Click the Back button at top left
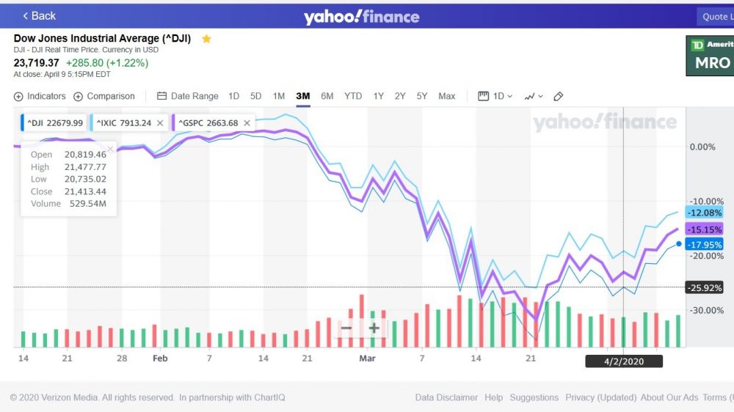click(39, 15)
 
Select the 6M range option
click(327, 96)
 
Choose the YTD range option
click(353, 96)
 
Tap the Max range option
click(446, 96)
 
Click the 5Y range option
click(422, 96)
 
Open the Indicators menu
click(40, 96)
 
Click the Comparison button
click(104, 96)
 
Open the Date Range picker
click(188, 96)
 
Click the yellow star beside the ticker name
click(206, 38)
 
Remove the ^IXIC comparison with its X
click(160, 123)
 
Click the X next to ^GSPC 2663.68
click(247, 123)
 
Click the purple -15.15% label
click(704, 229)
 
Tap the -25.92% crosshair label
click(704, 287)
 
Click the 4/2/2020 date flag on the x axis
click(623, 361)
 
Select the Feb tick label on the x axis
click(160, 358)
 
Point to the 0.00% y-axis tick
click(702, 147)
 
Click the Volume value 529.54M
click(85, 204)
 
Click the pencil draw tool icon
click(558, 96)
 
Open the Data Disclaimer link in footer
click(446, 397)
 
